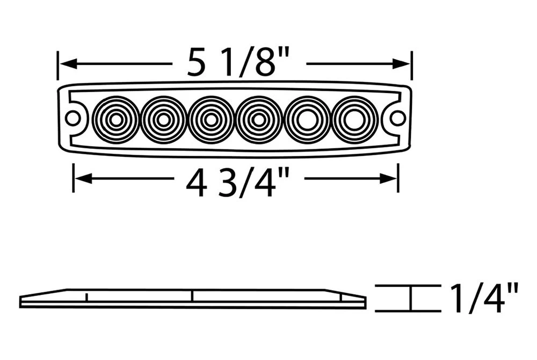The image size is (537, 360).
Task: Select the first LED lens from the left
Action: pos(115,119)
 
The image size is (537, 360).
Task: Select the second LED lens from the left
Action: pos(163,119)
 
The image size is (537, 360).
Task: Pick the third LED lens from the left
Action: pos(211,119)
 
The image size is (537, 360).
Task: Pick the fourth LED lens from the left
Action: pos(258,119)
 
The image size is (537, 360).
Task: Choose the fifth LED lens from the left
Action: pos(306,119)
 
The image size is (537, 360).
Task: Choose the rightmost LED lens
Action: pos(354,119)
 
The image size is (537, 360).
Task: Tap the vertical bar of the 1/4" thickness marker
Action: pos(411,298)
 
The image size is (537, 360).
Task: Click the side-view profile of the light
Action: pos(193,299)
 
